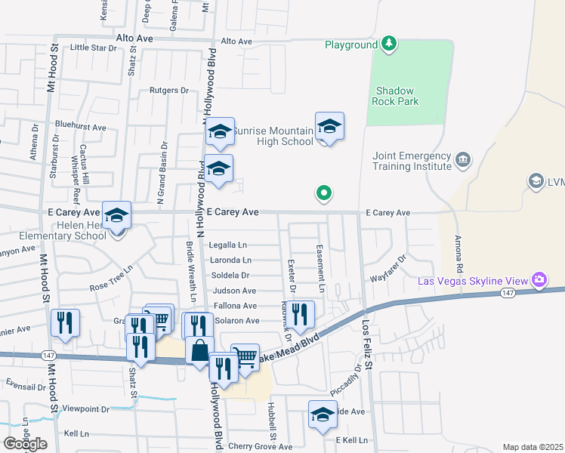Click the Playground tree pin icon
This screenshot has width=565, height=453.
click(389, 45)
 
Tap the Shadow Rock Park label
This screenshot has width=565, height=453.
click(397, 95)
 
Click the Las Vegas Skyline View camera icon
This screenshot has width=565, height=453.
click(539, 281)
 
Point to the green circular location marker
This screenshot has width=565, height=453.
click(324, 194)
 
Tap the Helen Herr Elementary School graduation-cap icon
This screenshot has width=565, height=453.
click(117, 217)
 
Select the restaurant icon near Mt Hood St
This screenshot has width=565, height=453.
click(65, 323)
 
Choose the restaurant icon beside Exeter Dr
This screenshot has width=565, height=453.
click(301, 314)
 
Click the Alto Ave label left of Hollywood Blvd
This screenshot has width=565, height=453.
click(134, 37)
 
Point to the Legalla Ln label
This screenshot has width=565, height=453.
click(229, 245)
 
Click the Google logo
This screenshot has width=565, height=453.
click(25, 444)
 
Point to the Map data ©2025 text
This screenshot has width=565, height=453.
click(532, 447)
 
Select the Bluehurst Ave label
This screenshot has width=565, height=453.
click(80, 128)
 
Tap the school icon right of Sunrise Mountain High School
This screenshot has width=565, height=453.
click(329, 127)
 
